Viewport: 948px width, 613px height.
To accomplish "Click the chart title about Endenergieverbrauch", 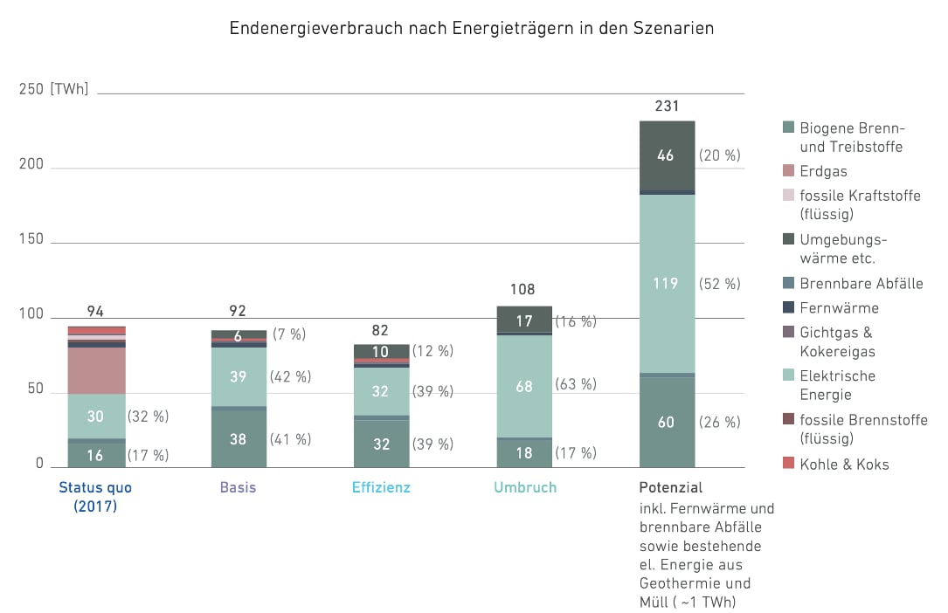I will pyautogui.click(x=472, y=28).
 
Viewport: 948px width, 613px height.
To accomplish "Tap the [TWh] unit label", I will pyautogui.click(x=69, y=90).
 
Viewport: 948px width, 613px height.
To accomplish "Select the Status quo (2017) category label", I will pyautogui.click(x=95, y=496).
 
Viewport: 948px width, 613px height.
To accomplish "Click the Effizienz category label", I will pyautogui.click(x=381, y=487).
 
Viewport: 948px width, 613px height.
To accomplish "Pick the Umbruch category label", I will pyautogui.click(x=524, y=487).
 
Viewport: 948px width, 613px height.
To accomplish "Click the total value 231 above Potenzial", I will pyautogui.click(x=667, y=106).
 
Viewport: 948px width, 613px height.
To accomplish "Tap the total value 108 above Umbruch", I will pyautogui.click(x=522, y=290).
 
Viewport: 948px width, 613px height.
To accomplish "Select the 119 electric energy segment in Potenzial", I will pyautogui.click(x=667, y=284).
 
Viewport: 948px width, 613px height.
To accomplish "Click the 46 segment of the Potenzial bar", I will pyautogui.click(x=667, y=155).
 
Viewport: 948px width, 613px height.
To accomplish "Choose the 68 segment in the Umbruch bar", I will pyautogui.click(x=524, y=385).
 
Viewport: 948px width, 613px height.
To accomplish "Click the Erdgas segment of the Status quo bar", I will pyautogui.click(x=97, y=370).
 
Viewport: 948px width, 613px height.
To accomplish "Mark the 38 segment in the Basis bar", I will pyautogui.click(x=239, y=439).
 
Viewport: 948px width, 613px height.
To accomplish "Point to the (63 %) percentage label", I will pyautogui.click(x=576, y=384).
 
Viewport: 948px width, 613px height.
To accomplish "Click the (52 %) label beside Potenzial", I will pyautogui.click(x=719, y=284).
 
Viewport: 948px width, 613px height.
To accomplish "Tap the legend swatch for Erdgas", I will pyautogui.click(x=789, y=171).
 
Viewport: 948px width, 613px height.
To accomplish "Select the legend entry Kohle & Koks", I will pyautogui.click(x=844, y=465).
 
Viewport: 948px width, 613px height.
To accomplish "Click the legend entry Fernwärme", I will pyautogui.click(x=839, y=307).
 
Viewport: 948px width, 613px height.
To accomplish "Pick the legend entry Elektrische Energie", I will pyautogui.click(x=837, y=385).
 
